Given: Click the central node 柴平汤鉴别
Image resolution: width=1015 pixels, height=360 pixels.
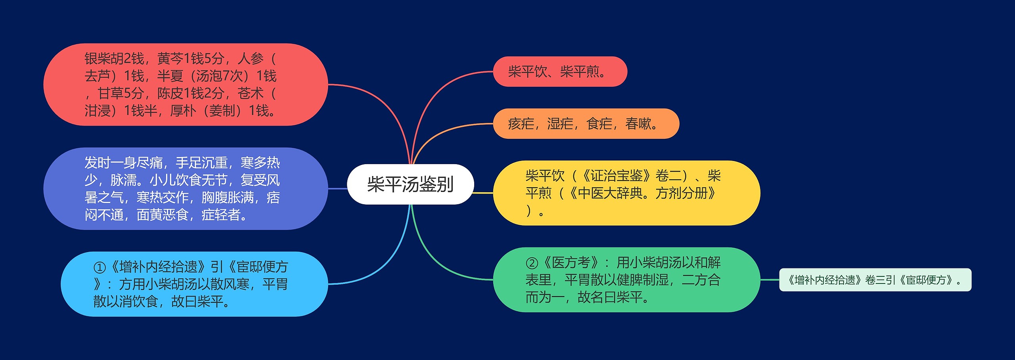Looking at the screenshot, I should (x=410, y=184).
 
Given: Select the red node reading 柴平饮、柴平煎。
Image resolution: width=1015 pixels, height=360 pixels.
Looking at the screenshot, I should (x=559, y=72).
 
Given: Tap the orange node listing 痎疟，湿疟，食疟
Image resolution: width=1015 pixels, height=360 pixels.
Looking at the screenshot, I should (x=586, y=124).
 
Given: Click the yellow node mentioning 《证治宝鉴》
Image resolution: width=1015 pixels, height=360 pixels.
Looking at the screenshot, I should (x=626, y=193).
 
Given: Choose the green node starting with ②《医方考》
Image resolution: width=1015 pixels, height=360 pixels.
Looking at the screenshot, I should (x=626, y=280).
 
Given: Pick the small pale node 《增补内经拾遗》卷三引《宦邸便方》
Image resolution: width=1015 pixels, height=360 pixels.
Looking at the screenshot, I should (x=875, y=280).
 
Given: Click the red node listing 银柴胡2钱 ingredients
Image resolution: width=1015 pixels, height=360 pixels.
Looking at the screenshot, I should (x=185, y=84).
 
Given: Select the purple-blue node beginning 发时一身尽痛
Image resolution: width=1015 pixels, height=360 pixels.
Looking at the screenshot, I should (x=185, y=189).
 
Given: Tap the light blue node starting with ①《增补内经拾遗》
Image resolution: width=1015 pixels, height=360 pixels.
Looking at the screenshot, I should (x=194, y=284).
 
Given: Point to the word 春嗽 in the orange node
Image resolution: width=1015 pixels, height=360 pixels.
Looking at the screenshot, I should (x=638, y=124).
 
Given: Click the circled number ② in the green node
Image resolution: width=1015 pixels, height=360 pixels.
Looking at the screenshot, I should (x=531, y=262).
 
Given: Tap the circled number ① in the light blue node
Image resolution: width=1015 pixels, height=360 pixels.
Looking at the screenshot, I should (x=99, y=267).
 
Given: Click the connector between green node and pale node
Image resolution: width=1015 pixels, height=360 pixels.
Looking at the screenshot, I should (x=770, y=280).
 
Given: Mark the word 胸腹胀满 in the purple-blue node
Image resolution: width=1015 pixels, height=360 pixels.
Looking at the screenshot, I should (x=228, y=197).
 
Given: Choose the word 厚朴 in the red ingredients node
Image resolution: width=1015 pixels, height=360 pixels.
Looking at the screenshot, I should (x=183, y=111).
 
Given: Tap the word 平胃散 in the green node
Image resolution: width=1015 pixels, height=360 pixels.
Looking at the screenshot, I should (x=584, y=280).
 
